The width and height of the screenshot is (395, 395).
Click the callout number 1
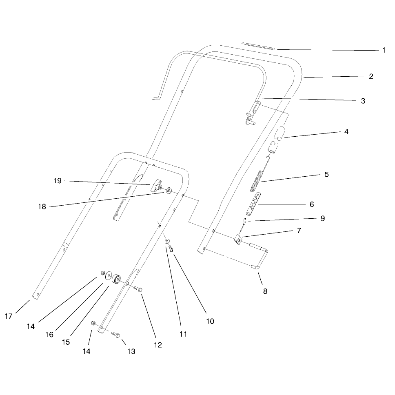point(384,50)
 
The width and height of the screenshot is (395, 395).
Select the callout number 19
point(58,181)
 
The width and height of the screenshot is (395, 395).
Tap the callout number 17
point(9,316)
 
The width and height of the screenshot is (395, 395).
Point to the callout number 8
point(265,291)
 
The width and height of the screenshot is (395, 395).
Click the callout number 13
point(131,351)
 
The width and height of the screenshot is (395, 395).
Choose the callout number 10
point(210,321)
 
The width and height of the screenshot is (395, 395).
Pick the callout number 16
point(49,334)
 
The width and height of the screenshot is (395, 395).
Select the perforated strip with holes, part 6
point(253,204)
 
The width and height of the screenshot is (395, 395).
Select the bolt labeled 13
point(115,334)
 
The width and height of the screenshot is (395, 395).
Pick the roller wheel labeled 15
point(116,279)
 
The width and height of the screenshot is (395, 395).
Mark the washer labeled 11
point(167,242)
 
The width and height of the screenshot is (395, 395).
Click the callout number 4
point(346,132)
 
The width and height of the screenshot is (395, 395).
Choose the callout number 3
point(363,101)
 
